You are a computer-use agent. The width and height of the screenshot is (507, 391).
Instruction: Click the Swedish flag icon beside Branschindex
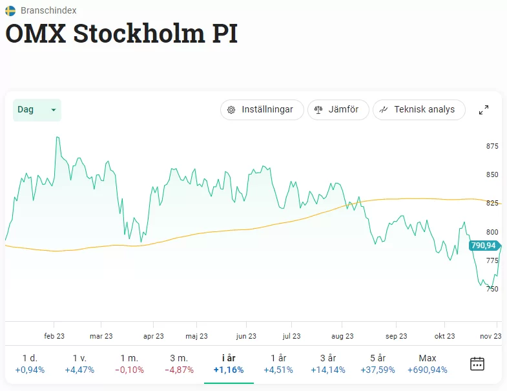coord(10,10)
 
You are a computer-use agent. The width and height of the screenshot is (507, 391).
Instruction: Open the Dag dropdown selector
coord(37,110)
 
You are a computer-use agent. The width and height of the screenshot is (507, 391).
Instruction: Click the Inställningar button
coord(261,110)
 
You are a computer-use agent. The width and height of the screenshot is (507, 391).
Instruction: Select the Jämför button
coord(338,110)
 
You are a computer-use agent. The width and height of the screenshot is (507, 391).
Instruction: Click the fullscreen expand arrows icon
coord(483,110)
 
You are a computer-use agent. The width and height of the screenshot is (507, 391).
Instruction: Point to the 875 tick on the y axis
coord(492,146)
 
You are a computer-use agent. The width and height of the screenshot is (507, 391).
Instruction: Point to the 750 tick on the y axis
coord(492,289)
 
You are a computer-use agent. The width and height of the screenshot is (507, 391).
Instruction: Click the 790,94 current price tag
coord(483,246)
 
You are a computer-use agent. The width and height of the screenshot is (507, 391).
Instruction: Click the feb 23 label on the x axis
coord(54,336)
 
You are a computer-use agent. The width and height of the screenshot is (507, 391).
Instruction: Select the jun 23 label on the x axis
coord(246,336)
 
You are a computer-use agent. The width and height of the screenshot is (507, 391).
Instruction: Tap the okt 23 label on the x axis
coord(444,336)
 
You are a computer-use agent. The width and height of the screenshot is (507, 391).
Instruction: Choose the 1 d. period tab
coord(30,364)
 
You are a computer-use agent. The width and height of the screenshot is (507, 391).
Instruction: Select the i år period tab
coord(229,364)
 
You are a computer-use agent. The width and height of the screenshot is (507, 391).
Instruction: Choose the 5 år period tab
coord(377,364)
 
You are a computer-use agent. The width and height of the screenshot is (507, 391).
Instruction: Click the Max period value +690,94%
coord(428,370)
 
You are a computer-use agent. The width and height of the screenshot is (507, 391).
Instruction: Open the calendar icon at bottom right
coord(477,363)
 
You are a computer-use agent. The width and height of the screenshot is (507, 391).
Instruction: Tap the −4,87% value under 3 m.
coord(179,370)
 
